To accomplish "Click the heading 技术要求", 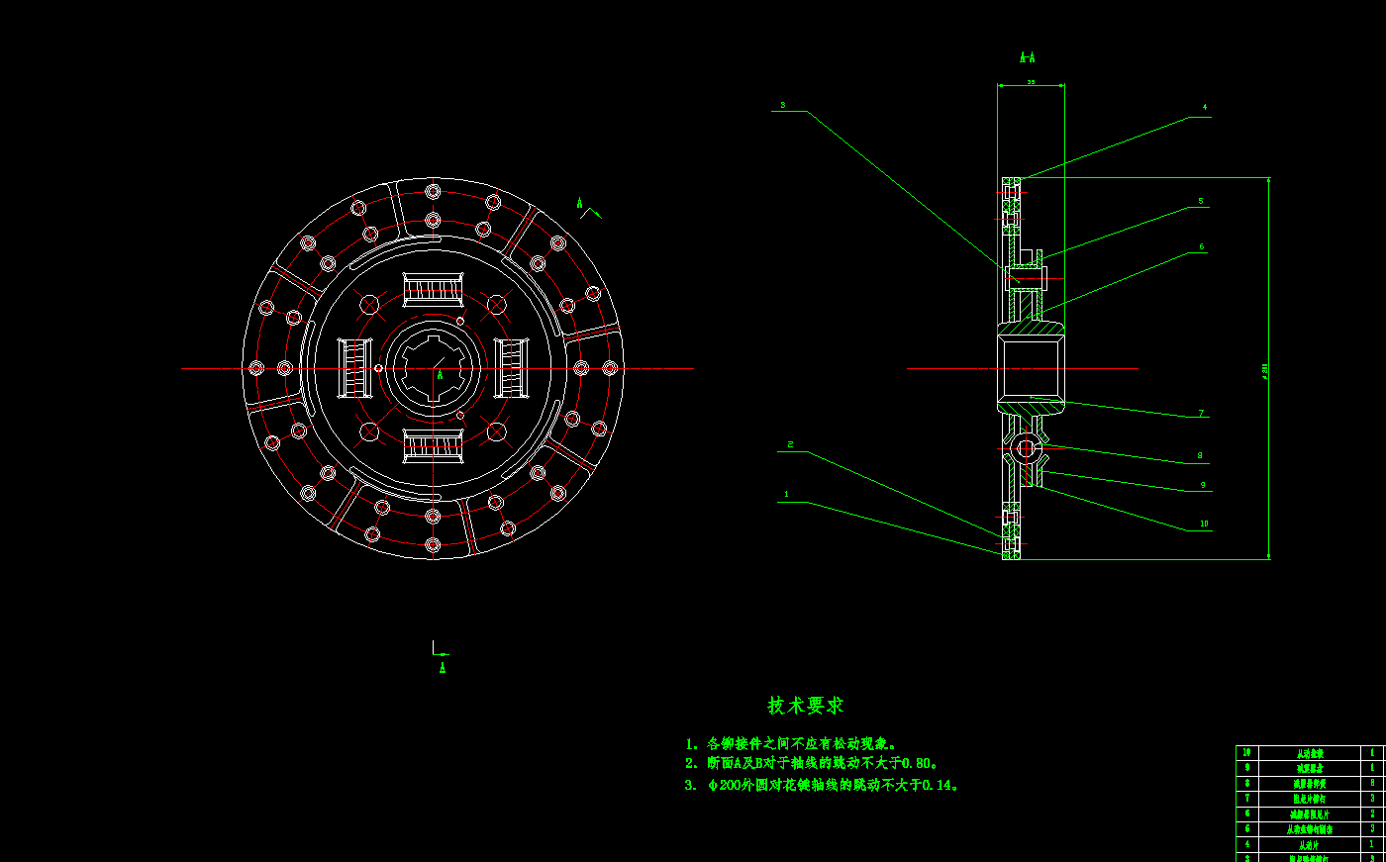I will point(806,706).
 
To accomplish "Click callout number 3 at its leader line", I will point(782,105).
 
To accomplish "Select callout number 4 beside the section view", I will point(1205,107).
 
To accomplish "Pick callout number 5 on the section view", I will point(1201,201).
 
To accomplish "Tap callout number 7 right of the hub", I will point(1201,414).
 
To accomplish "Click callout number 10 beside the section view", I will point(1204,524).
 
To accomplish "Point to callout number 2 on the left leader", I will point(790,444).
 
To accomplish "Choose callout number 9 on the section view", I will point(1203,485).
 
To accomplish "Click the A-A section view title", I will point(1028,58).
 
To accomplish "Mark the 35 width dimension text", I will point(1031,83).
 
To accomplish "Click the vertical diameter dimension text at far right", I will point(1264,370).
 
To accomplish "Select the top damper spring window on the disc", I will point(433,290).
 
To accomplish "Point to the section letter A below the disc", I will point(443,668).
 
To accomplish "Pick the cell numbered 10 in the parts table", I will point(1246,752).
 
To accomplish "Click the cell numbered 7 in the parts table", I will point(1246,798).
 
